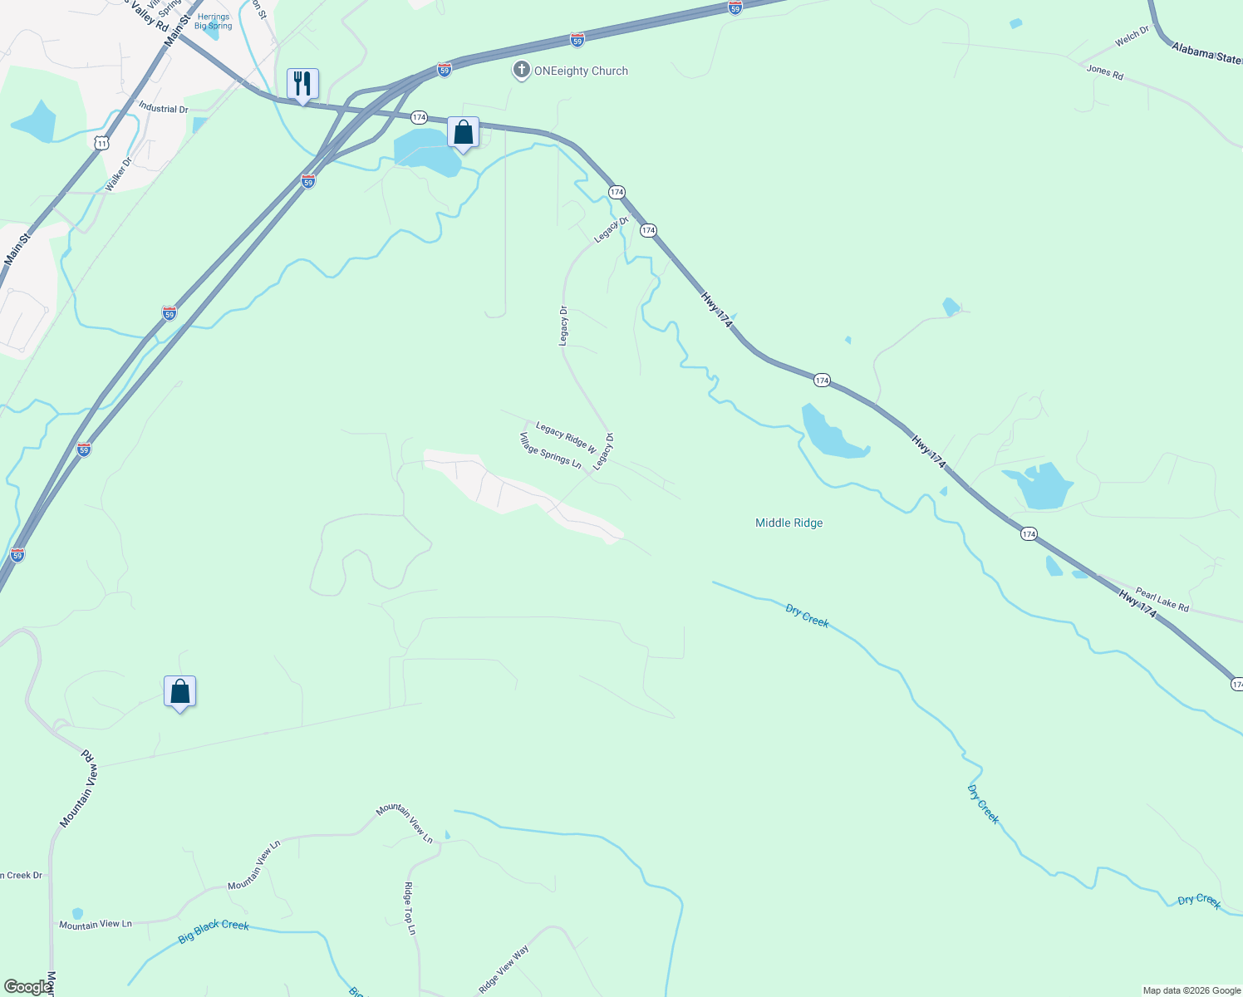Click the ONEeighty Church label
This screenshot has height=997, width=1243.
click(x=581, y=71)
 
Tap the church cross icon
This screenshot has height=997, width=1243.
click(x=521, y=70)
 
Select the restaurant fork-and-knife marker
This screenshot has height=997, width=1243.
click(x=302, y=84)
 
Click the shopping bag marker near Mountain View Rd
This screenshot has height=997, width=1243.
click(x=180, y=691)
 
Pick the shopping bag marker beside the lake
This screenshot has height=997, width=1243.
click(x=463, y=132)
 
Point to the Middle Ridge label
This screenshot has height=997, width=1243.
click(x=789, y=523)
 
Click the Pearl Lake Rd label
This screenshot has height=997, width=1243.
click(x=1162, y=601)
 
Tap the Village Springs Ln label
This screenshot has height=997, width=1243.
click(x=550, y=450)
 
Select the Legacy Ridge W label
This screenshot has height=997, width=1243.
click(x=566, y=437)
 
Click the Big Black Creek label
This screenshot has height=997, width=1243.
click(x=214, y=931)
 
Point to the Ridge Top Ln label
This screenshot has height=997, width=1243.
click(x=409, y=908)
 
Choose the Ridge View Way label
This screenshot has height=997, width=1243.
click(x=504, y=970)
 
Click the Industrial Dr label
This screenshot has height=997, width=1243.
click(x=163, y=109)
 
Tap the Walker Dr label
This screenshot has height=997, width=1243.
click(x=119, y=174)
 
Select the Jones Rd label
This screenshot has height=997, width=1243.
click(x=1104, y=72)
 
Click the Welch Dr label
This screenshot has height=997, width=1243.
click(x=1132, y=36)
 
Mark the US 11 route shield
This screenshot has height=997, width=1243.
click(x=101, y=143)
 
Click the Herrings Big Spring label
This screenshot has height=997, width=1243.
click(x=214, y=22)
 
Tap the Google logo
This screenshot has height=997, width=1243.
click(x=27, y=987)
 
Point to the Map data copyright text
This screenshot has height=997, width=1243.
click(x=1191, y=990)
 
